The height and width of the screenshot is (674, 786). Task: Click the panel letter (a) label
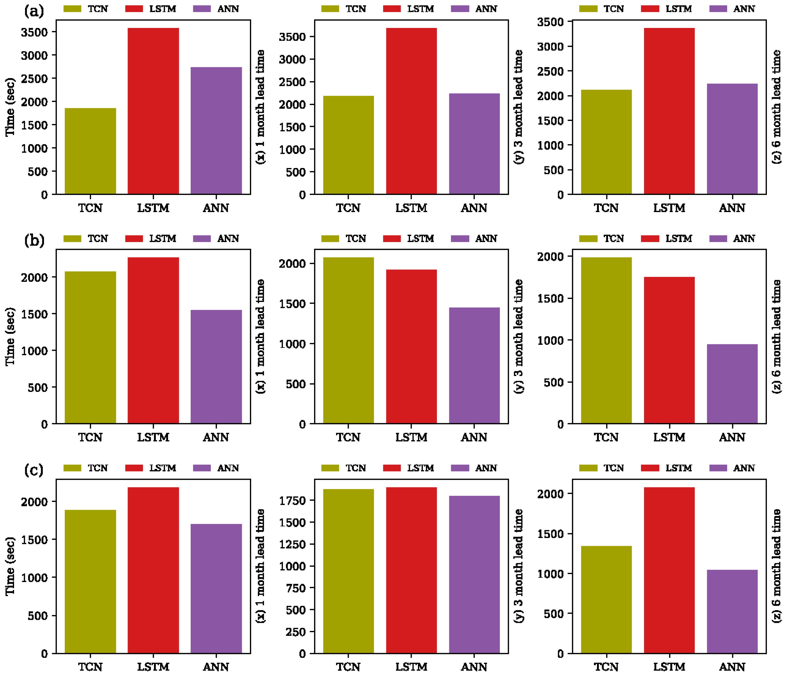pos(34,11)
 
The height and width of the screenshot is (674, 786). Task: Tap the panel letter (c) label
pos(34,470)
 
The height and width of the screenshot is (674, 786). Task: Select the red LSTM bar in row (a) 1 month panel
pos(153,111)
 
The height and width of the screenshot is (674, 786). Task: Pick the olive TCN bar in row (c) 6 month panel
pos(606,600)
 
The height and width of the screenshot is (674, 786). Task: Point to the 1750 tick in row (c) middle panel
pos(292,500)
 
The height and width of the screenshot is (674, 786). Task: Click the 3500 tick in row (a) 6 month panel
pos(550,22)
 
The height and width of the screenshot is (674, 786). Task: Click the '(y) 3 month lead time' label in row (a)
pos(518,107)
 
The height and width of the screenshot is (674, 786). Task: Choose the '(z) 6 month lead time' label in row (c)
pos(776,566)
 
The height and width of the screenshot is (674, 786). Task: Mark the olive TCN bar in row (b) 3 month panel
pos(348,340)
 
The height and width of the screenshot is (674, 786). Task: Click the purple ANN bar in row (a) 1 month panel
pos(216,131)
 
